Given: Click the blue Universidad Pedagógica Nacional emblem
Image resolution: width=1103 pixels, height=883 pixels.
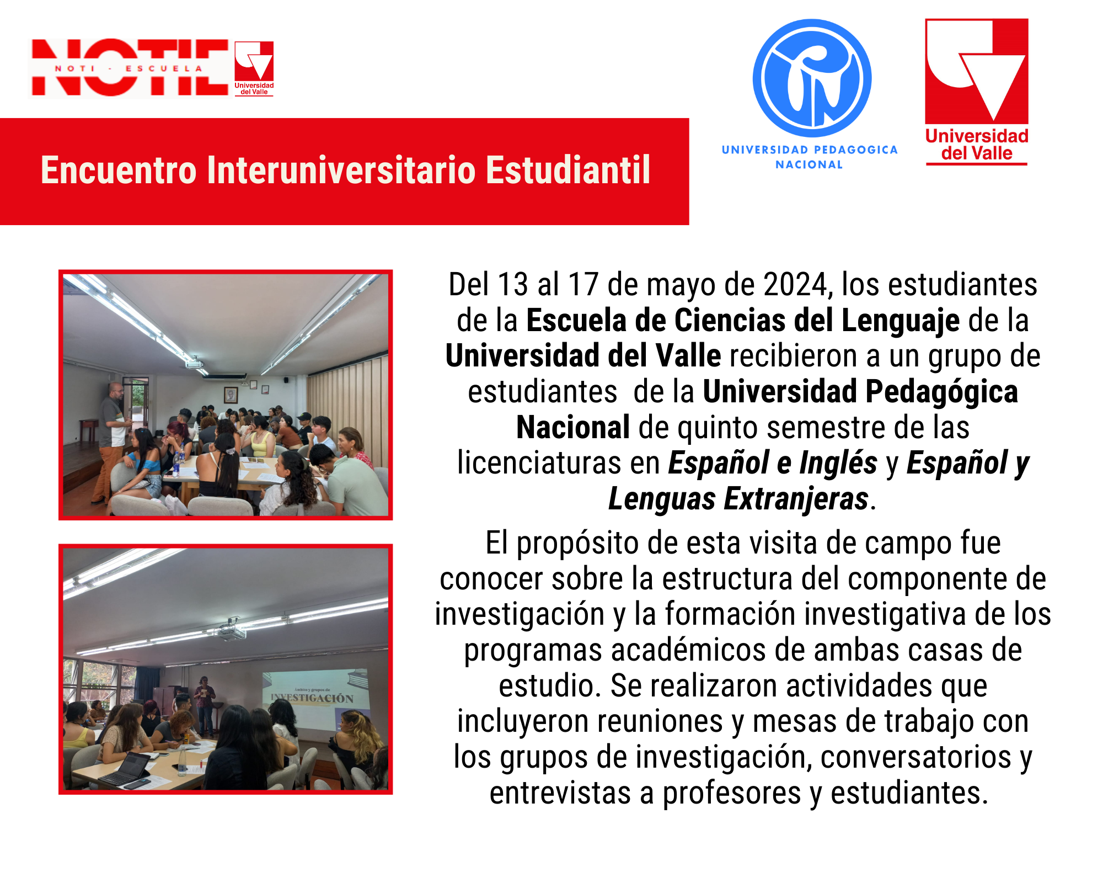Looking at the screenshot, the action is click(812, 78).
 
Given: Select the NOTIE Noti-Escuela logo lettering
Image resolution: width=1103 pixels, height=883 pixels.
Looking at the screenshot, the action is click(130, 67).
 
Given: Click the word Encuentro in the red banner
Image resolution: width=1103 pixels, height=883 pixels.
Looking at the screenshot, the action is click(119, 170).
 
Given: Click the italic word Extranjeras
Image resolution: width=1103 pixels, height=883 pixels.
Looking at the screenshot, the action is click(796, 499).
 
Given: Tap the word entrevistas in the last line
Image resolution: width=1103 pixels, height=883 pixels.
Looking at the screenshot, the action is click(560, 793).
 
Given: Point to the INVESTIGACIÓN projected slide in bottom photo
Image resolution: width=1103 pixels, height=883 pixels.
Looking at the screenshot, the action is click(314, 698).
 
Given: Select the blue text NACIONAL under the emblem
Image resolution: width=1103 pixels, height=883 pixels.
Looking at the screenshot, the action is click(809, 164).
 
